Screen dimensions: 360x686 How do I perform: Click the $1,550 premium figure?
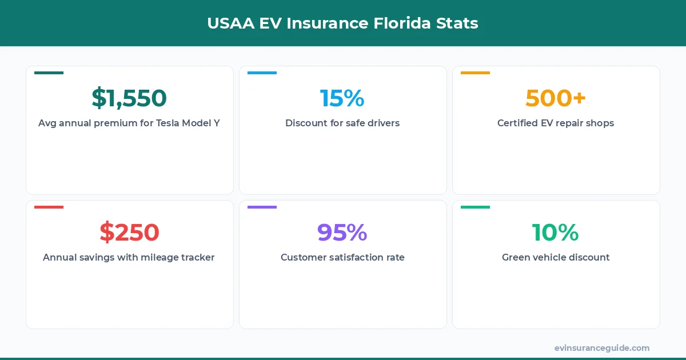(x=129, y=98)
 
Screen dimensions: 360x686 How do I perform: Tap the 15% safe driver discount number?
(x=342, y=98)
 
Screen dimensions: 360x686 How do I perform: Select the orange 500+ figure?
(x=556, y=98)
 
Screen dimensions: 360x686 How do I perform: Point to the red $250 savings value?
(x=129, y=233)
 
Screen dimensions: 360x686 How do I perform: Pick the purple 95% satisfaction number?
(x=342, y=233)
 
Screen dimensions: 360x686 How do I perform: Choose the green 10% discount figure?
(x=556, y=233)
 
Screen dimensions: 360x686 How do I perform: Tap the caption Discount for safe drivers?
(x=342, y=123)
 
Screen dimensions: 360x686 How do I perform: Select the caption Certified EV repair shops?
(x=556, y=123)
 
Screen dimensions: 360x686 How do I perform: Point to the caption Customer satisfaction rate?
(x=342, y=257)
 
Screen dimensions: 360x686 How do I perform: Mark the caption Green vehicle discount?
(x=556, y=257)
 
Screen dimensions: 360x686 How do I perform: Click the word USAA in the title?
(x=231, y=23)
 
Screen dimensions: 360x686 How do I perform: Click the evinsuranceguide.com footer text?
(x=602, y=347)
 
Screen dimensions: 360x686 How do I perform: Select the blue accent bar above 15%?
(x=262, y=73)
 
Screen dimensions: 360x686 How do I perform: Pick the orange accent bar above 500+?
(x=475, y=73)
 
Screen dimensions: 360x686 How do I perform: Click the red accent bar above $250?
(x=49, y=207)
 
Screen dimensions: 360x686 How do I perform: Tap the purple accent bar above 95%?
(x=262, y=207)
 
